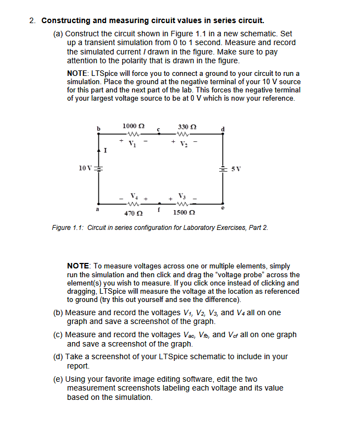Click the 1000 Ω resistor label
(134, 127)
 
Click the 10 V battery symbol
(99, 168)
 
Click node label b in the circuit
(99, 129)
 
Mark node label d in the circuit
(223, 129)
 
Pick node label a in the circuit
(99, 209)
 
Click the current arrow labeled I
(99, 148)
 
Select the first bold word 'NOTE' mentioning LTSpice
(80, 74)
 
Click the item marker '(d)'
(58, 356)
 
